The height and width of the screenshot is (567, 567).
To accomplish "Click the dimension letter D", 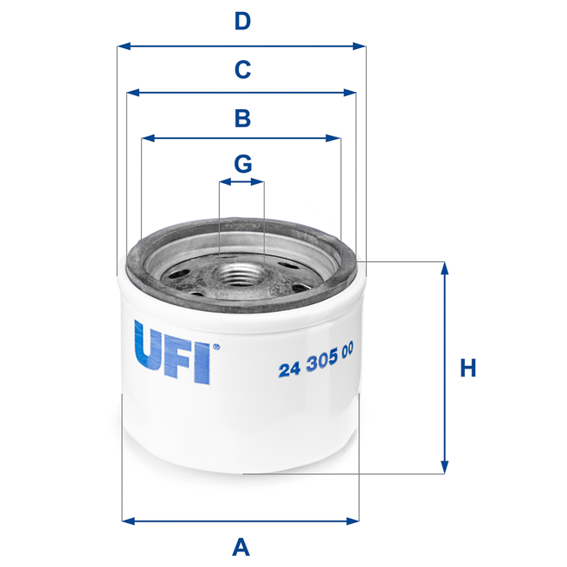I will [x=243, y=21].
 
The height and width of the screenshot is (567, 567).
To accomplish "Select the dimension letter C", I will [x=243, y=69].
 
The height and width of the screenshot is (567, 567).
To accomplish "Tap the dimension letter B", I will [x=243, y=118].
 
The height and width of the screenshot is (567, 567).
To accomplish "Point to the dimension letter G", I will [x=243, y=162].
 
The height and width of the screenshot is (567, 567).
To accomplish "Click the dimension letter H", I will [x=467, y=369].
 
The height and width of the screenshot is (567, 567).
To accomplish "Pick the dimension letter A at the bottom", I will [x=241, y=546].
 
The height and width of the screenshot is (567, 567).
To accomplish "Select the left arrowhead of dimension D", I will [x=123, y=46].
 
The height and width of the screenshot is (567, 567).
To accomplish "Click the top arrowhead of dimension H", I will [x=444, y=267].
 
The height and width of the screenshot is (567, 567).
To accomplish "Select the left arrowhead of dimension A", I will [x=128, y=520].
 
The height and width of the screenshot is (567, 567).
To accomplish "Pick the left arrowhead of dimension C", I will [x=132, y=92].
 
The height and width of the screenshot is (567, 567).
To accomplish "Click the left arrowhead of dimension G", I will [x=224, y=182].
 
